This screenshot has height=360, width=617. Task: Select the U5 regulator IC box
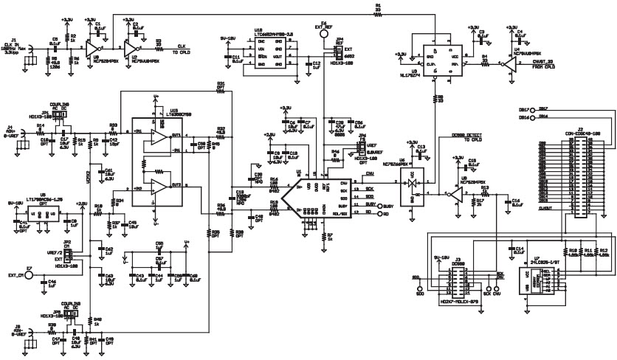[x=49, y=215]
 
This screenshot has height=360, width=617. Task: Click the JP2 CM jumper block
[x=69, y=255]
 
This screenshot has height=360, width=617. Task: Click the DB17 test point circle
[x=524, y=108]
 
